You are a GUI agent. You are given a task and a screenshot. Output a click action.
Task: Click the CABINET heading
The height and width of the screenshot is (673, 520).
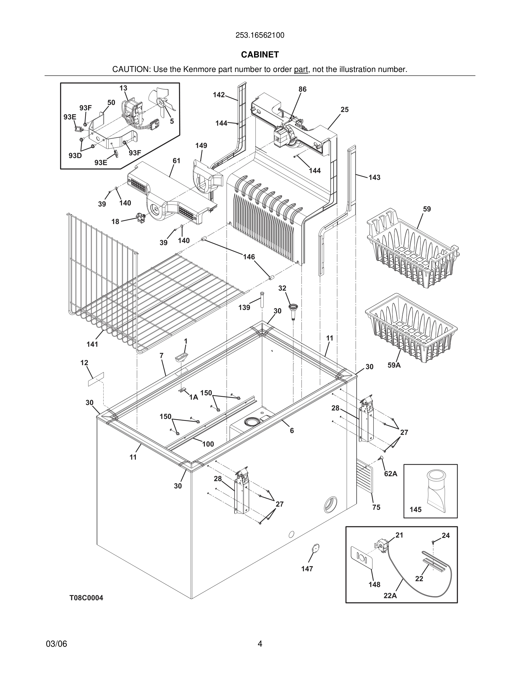click(x=260, y=55)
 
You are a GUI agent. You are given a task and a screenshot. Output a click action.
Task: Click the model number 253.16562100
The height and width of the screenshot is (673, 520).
click(x=260, y=35)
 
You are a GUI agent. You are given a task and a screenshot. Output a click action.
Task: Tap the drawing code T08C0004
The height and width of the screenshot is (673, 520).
click(x=86, y=598)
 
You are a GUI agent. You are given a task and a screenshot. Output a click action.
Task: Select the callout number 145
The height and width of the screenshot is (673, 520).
click(x=415, y=510)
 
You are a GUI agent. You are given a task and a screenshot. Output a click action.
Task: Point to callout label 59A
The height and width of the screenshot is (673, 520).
click(x=394, y=365)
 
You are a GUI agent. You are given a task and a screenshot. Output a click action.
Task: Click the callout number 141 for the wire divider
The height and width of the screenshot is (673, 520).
click(x=92, y=344)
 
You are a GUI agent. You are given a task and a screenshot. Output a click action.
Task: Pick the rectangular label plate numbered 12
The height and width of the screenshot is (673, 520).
click(x=96, y=379)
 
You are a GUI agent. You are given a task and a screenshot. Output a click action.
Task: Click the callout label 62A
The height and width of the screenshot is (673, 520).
click(x=390, y=474)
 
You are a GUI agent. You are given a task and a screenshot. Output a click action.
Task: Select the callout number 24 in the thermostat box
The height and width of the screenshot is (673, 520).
click(x=446, y=536)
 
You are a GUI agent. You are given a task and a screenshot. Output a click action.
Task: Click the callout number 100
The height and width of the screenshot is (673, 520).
click(x=208, y=444)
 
